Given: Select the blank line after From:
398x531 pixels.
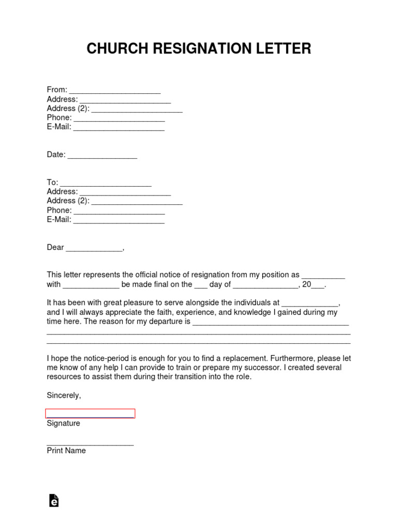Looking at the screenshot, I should coord(115,91).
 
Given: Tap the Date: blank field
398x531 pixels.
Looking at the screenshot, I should coord(102,156).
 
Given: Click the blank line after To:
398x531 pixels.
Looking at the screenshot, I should coord(106,184).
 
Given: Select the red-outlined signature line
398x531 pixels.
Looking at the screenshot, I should coord(90,413).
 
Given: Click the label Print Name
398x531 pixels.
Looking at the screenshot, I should coord(66,451).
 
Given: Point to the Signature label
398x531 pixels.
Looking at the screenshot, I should coord(63,423).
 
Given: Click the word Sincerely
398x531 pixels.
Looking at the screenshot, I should coord(63,395).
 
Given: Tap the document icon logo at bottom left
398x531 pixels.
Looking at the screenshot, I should coord(53,500).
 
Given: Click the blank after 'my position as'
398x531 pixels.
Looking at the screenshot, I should coord(323,276).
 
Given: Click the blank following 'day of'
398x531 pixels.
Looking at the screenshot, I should coord(265,286).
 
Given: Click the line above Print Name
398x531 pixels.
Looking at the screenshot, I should coord(90,444).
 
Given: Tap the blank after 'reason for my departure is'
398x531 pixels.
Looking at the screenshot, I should coord(271,323).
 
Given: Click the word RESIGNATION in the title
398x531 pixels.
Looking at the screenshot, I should coord(199,49).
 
